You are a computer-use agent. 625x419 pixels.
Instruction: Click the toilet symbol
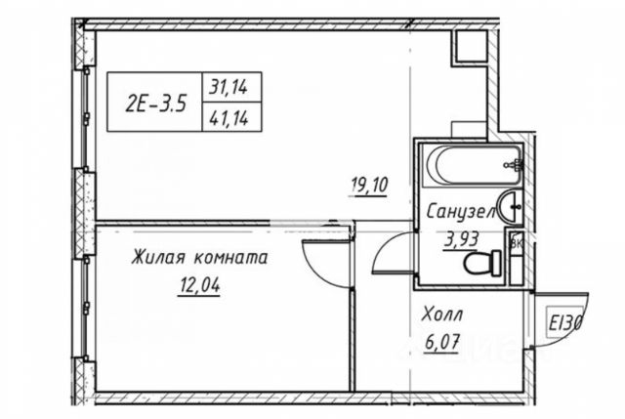click(x=480, y=261)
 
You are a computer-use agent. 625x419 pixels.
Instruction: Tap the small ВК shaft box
click(x=515, y=242)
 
